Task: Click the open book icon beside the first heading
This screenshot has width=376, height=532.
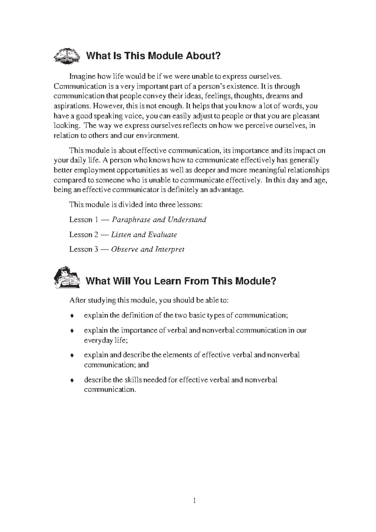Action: [66, 56]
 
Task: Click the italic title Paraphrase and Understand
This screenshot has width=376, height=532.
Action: [159, 220]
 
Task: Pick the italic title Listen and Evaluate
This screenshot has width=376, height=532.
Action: [144, 235]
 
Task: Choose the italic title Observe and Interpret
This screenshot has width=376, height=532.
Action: [148, 249]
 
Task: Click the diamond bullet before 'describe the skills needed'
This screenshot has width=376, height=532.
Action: [72, 380]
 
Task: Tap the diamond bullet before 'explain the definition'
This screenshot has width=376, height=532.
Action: [72, 316]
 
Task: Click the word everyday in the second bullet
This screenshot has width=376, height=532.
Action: [97, 340]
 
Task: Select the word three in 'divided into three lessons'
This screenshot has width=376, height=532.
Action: [167, 205]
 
